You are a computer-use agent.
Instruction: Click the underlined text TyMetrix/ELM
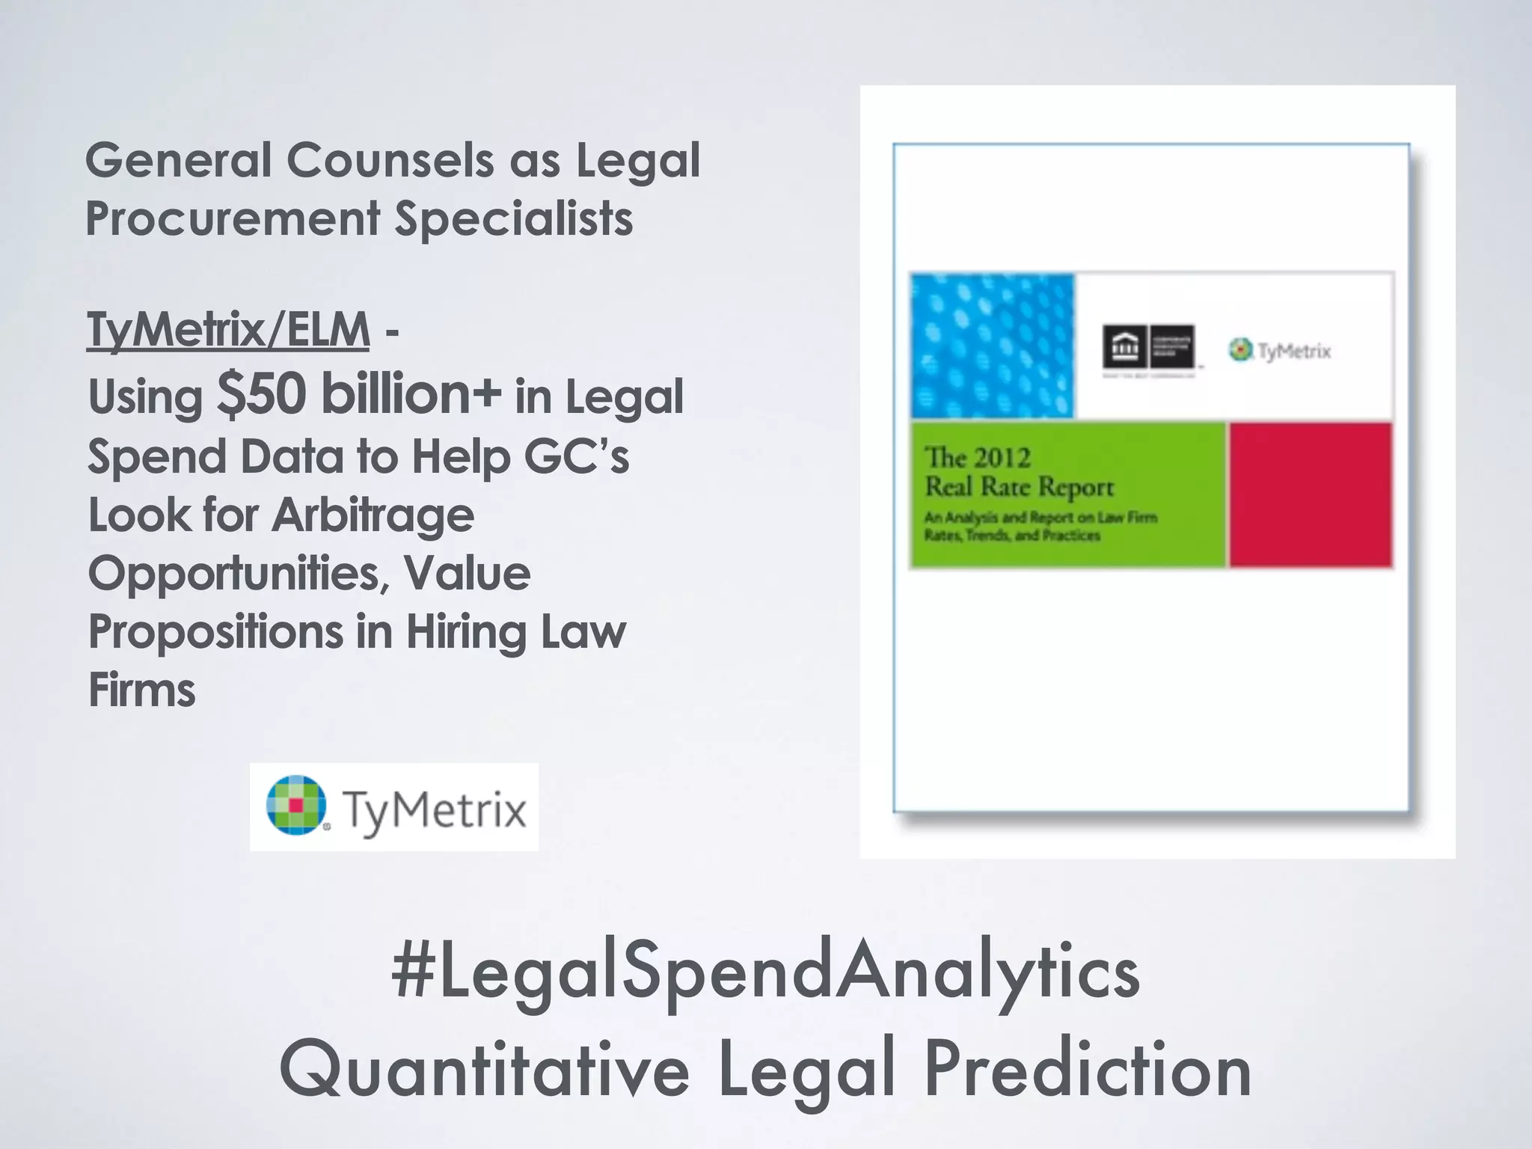pos(228,331)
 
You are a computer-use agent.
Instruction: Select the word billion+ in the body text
pos(411,394)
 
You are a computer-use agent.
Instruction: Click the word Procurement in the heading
pos(233,218)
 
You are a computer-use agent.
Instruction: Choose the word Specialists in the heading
pos(514,218)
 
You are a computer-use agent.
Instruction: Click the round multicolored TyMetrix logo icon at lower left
pos(296,805)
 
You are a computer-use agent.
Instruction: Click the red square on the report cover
pos(1311,494)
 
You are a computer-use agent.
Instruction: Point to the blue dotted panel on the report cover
pos(992,346)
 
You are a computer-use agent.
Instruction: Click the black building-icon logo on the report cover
pos(1148,347)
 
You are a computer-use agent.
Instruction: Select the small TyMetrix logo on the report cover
pos(1280,351)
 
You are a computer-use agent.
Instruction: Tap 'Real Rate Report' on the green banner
pos(1020,488)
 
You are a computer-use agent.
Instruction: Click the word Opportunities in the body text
pos(239,574)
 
